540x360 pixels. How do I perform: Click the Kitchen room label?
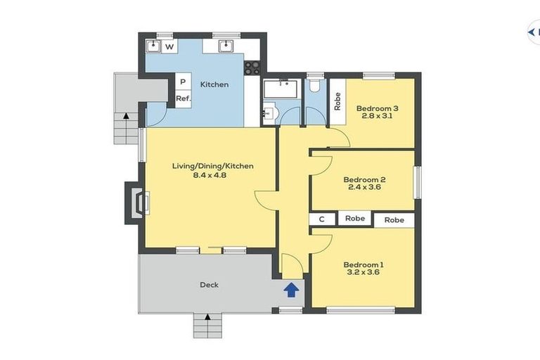click(x=214, y=84)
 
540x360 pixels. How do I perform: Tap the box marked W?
click(x=169, y=46)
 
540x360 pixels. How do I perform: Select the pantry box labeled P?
click(x=182, y=82)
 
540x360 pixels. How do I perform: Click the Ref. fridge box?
click(x=183, y=98)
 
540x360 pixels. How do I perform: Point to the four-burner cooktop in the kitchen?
click(x=252, y=67)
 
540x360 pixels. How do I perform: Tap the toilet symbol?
click(x=314, y=87)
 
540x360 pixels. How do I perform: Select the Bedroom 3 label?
click(x=377, y=108)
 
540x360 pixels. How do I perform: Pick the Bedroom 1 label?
click(x=364, y=264)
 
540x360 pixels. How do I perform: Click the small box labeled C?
click(x=322, y=219)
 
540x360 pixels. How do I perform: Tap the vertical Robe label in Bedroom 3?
click(x=337, y=103)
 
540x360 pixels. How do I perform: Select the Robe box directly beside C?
click(x=355, y=219)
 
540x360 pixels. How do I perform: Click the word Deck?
click(x=209, y=285)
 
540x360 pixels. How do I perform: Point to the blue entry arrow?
click(x=291, y=289)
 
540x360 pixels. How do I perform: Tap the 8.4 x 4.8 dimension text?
click(x=212, y=175)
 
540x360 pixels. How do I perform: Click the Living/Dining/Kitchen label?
click(x=212, y=166)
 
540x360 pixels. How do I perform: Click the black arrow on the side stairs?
click(x=126, y=115)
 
